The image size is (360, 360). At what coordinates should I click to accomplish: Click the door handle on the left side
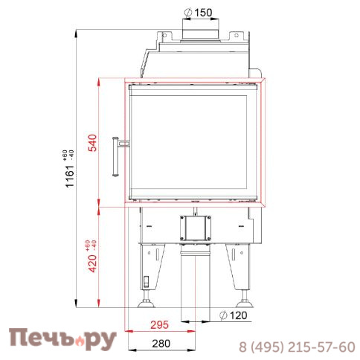pos(118,155)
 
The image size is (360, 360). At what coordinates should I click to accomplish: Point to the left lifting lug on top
pos(160,35)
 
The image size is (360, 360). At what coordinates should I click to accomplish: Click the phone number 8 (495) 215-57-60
pos(296,347)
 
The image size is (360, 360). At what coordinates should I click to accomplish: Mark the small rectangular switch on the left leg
pos(146,283)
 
